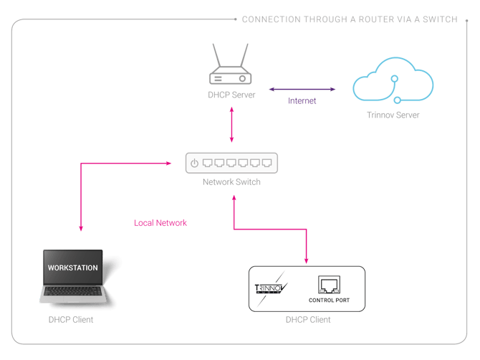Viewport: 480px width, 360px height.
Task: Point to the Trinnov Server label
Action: (x=393, y=115)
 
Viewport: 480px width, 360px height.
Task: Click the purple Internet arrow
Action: (x=302, y=90)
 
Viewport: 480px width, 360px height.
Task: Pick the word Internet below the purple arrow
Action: (x=302, y=101)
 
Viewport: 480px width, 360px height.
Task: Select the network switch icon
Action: (x=231, y=164)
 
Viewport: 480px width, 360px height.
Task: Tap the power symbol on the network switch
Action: (x=195, y=164)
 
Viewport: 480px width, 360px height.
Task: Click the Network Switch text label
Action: (x=231, y=182)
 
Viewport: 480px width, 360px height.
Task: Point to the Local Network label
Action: (x=160, y=223)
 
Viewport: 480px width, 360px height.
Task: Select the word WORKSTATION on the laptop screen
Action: (x=72, y=267)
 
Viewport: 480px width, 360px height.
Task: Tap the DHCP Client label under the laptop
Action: (x=71, y=319)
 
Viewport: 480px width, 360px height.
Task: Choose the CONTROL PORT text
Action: (x=330, y=300)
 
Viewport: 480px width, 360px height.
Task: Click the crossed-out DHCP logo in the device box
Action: (x=272, y=289)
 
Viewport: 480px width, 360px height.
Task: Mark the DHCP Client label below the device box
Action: (x=308, y=320)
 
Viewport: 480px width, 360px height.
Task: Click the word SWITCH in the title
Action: (x=440, y=19)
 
